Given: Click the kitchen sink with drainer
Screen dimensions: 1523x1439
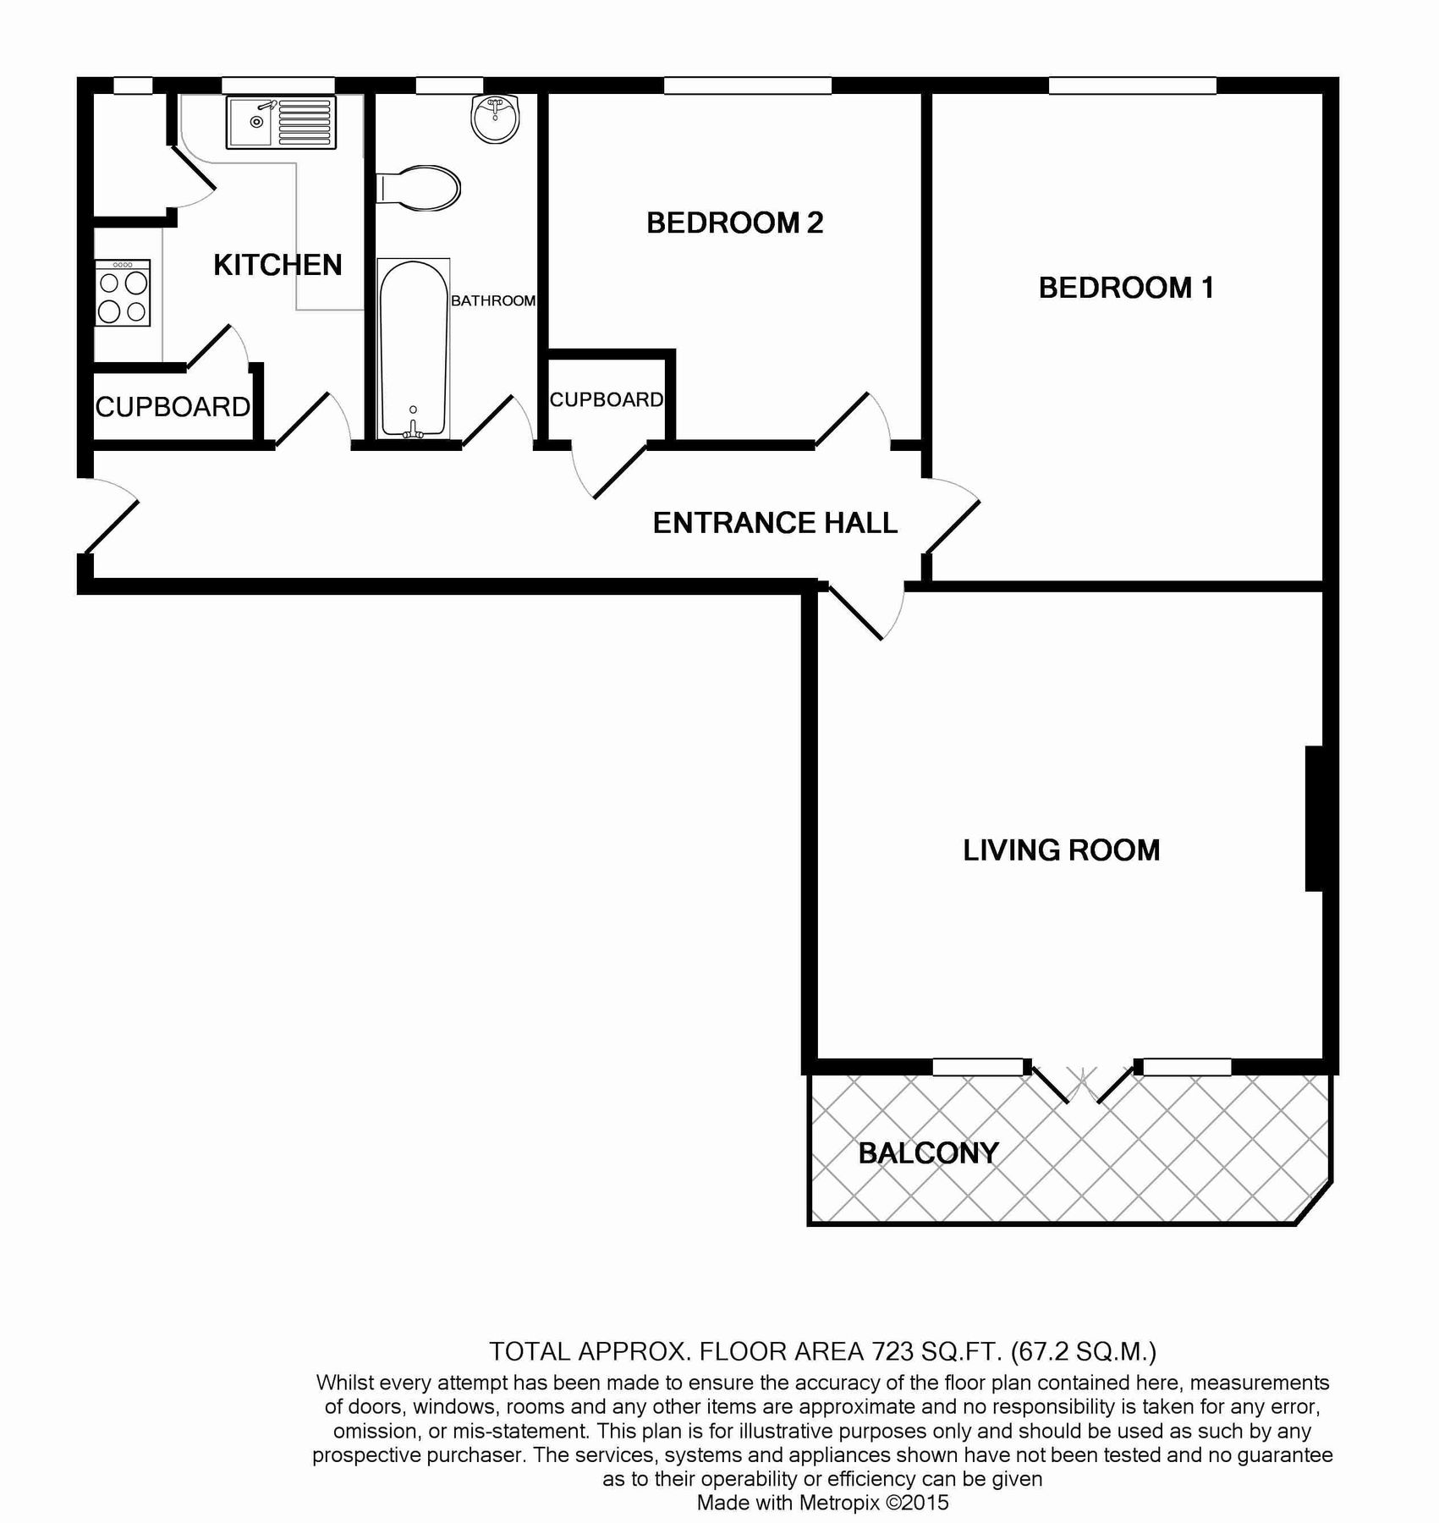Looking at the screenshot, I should point(281,121).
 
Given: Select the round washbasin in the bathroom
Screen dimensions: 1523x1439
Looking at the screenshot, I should point(495,119).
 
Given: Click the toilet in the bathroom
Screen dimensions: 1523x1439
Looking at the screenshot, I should point(420,188).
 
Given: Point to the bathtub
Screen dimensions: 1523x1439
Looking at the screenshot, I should point(413,349).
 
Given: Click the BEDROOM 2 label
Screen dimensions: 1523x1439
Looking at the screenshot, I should point(734,223).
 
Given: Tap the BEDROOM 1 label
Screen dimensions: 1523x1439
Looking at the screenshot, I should point(1126,289).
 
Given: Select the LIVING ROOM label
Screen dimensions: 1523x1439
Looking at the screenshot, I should point(1061,850).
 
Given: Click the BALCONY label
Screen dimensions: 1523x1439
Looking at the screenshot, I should point(928,1153).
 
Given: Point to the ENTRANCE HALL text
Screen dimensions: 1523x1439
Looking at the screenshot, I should point(775,524).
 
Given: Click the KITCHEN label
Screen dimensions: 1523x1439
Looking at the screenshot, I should point(277,266).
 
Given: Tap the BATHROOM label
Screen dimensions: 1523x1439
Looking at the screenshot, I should point(493,301).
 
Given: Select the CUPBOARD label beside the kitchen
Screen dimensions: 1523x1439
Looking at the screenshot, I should point(173,408).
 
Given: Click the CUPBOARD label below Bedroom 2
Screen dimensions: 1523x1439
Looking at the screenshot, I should point(607,400).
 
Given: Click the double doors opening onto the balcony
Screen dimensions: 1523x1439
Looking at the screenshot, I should point(1082,1083).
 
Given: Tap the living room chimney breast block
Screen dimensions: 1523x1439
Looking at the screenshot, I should point(1314,818).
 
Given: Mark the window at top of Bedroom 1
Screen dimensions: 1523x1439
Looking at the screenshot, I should point(1132,85).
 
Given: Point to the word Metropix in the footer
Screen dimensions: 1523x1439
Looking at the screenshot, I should point(838,1503).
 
